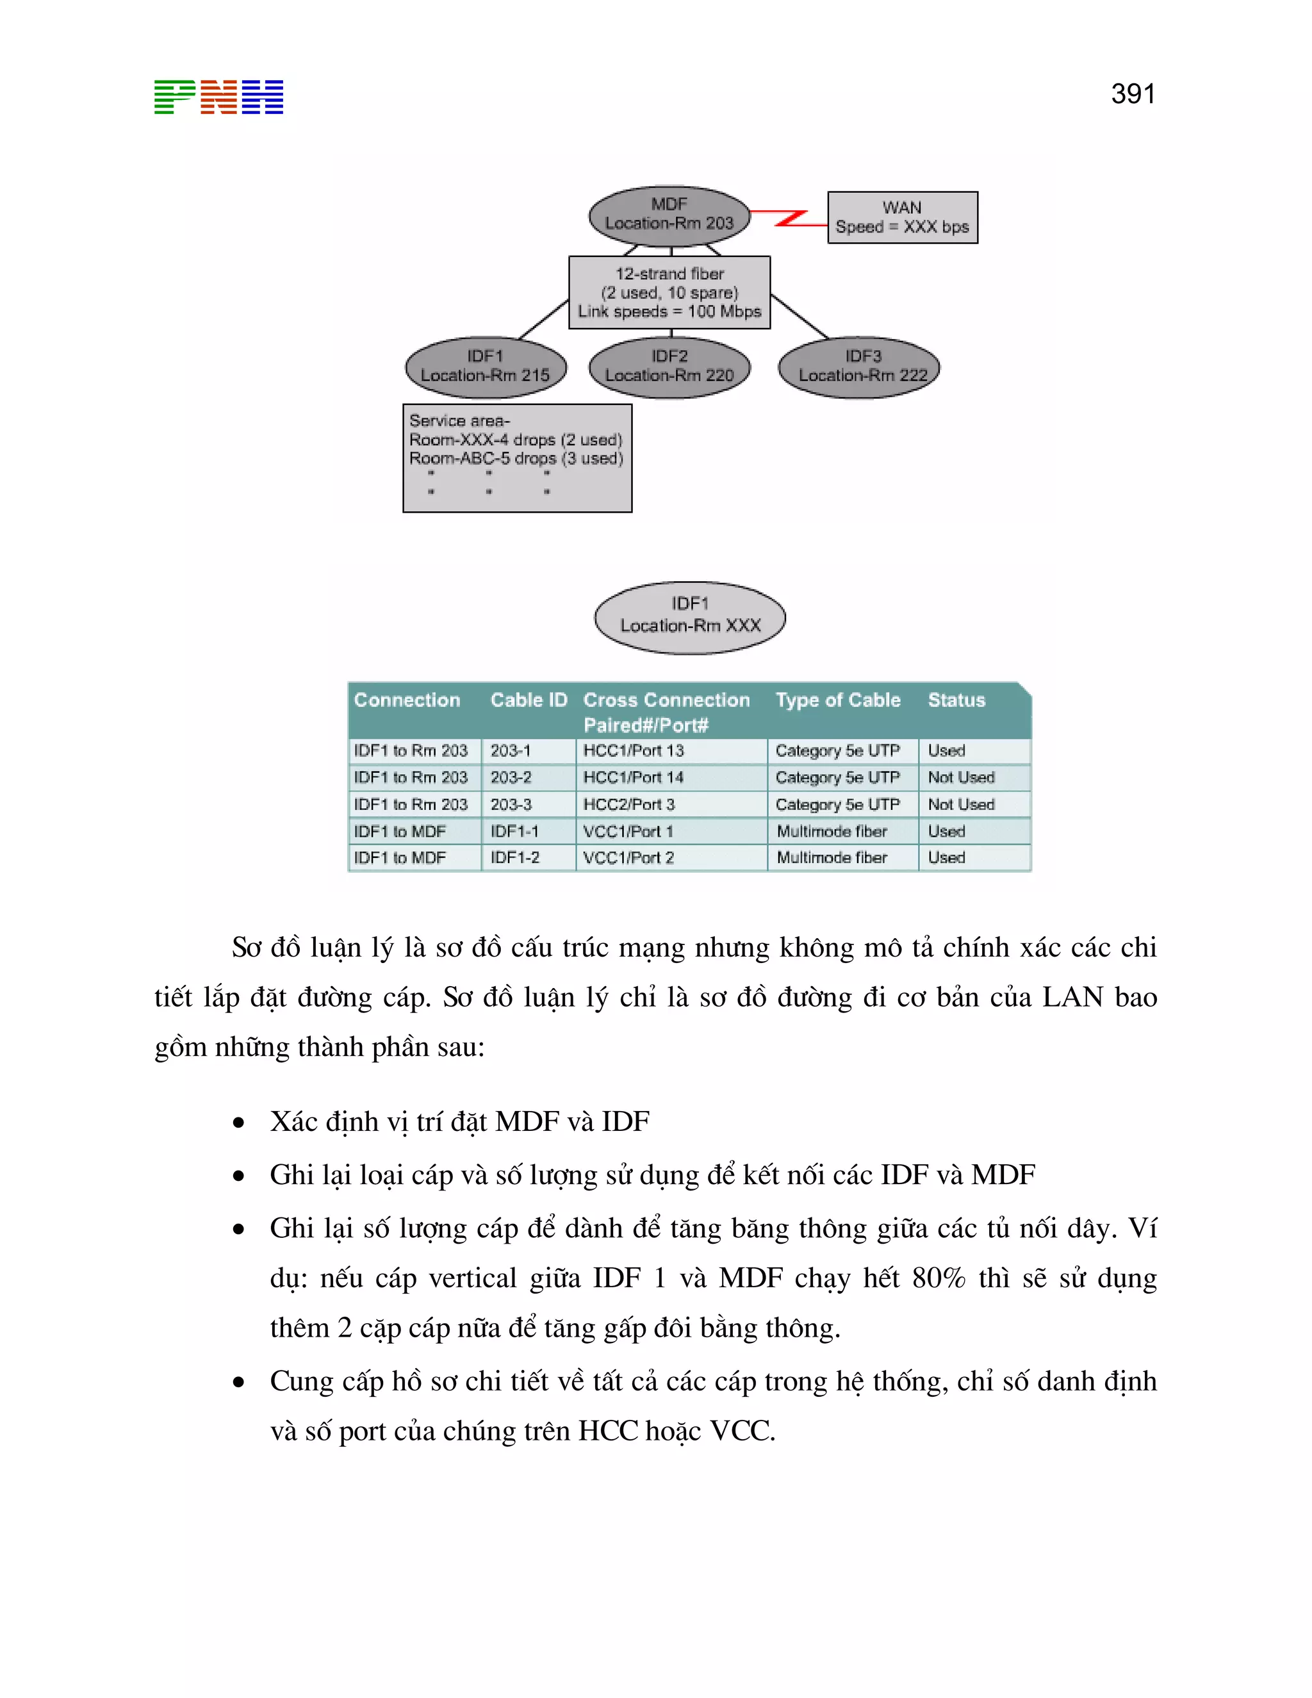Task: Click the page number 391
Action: (x=1133, y=94)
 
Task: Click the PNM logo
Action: (x=218, y=97)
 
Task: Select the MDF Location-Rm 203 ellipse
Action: (x=669, y=215)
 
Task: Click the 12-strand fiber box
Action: (x=669, y=292)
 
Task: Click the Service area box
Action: (x=517, y=458)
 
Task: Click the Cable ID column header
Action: (x=529, y=700)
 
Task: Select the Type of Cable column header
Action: (x=838, y=700)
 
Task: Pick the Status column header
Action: (x=956, y=700)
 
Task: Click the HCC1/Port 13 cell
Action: (x=634, y=750)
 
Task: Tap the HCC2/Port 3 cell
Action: (x=629, y=804)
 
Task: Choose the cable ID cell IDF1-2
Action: (x=514, y=857)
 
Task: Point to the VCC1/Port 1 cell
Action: (x=628, y=831)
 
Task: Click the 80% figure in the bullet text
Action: (x=938, y=1278)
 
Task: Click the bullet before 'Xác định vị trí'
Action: (x=238, y=1123)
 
